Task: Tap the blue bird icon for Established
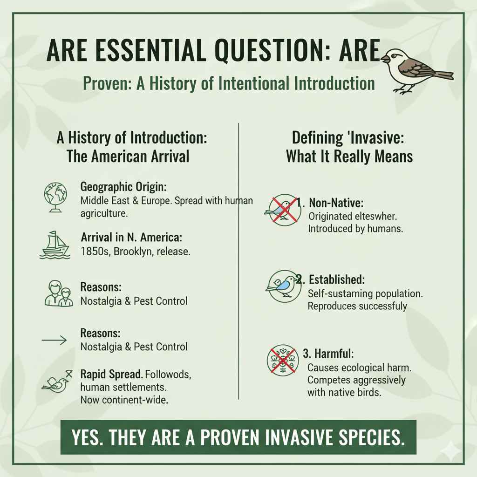[282, 286]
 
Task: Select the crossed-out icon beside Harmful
[281, 360]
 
